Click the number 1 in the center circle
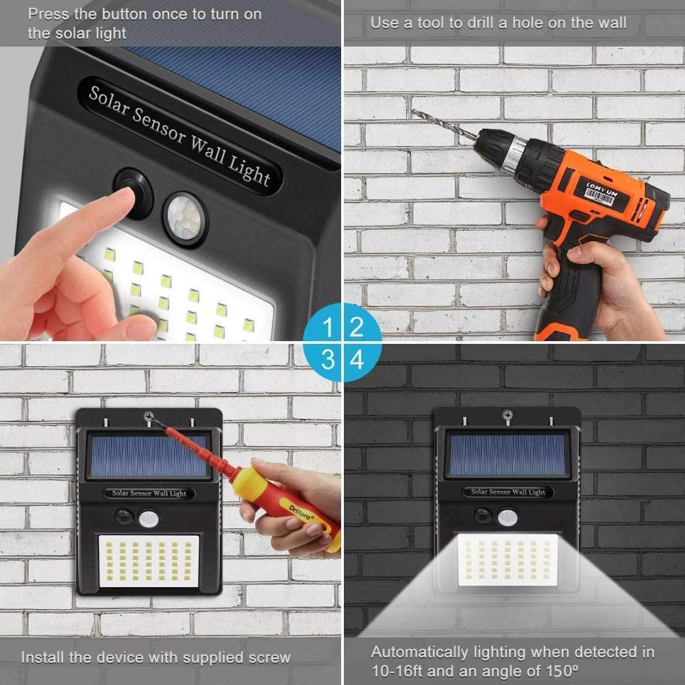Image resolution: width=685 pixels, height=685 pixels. coord(329,327)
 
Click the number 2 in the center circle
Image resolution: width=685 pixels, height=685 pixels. coord(357,327)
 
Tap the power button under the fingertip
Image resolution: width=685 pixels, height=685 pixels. coord(134,194)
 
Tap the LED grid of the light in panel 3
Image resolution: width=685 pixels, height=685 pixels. coord(148,560)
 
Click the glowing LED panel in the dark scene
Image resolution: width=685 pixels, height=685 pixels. coord(507,559)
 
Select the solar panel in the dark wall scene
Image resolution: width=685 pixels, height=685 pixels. coord(508,455)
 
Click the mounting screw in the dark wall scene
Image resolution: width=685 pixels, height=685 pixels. coord(508,414)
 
